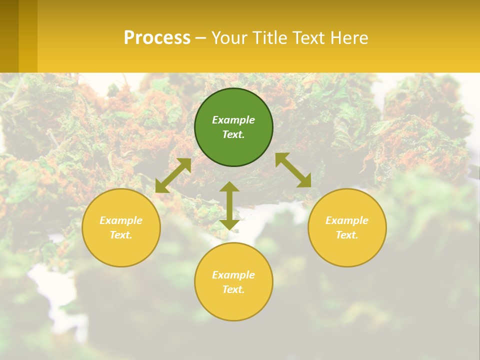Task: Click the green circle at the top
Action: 233,102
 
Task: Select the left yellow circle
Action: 121,250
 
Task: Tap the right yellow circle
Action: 347,250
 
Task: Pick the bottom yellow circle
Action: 233,305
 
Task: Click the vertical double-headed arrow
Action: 229,205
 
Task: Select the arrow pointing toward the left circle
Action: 173,175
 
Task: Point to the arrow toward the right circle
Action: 293,170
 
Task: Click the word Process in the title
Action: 157,37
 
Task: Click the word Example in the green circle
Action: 233,120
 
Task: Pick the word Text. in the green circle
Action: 233,134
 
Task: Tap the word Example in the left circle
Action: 121,220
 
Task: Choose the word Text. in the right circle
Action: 347,235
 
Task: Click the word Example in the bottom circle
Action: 233,275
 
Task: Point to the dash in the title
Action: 200,38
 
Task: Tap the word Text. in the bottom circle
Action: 233,289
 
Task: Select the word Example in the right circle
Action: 347,220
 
